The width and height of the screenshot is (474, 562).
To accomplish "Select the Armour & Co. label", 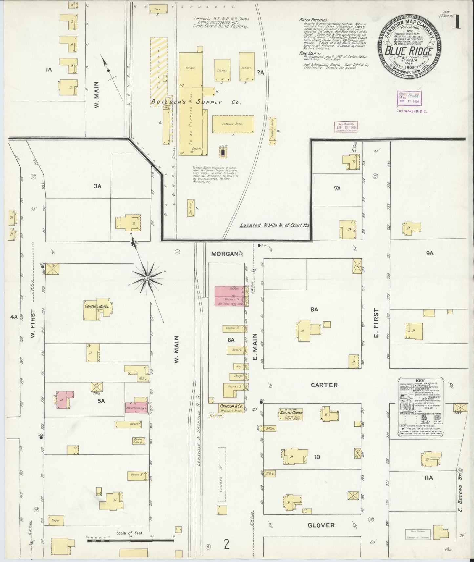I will click(x=231, y=406).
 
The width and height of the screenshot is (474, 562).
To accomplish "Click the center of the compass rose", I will click(x=147, y=278).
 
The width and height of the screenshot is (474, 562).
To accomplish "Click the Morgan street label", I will click(x=224, y=254).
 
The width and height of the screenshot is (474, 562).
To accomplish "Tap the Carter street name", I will click(x=324, y=385).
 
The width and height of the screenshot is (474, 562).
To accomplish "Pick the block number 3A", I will click(x=98, y=186).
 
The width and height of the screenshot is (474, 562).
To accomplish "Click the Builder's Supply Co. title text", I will click(x=196, y=102).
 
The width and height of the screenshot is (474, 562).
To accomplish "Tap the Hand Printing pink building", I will click(x=136, y=408).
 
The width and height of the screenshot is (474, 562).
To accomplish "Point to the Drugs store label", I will click(x=238, y=376).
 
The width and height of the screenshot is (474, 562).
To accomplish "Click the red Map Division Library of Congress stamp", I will click(x=346, y=127).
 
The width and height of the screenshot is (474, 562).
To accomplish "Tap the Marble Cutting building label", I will click(x=137, y=441).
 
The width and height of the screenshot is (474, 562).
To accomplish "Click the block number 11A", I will click(x=428, y=478).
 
